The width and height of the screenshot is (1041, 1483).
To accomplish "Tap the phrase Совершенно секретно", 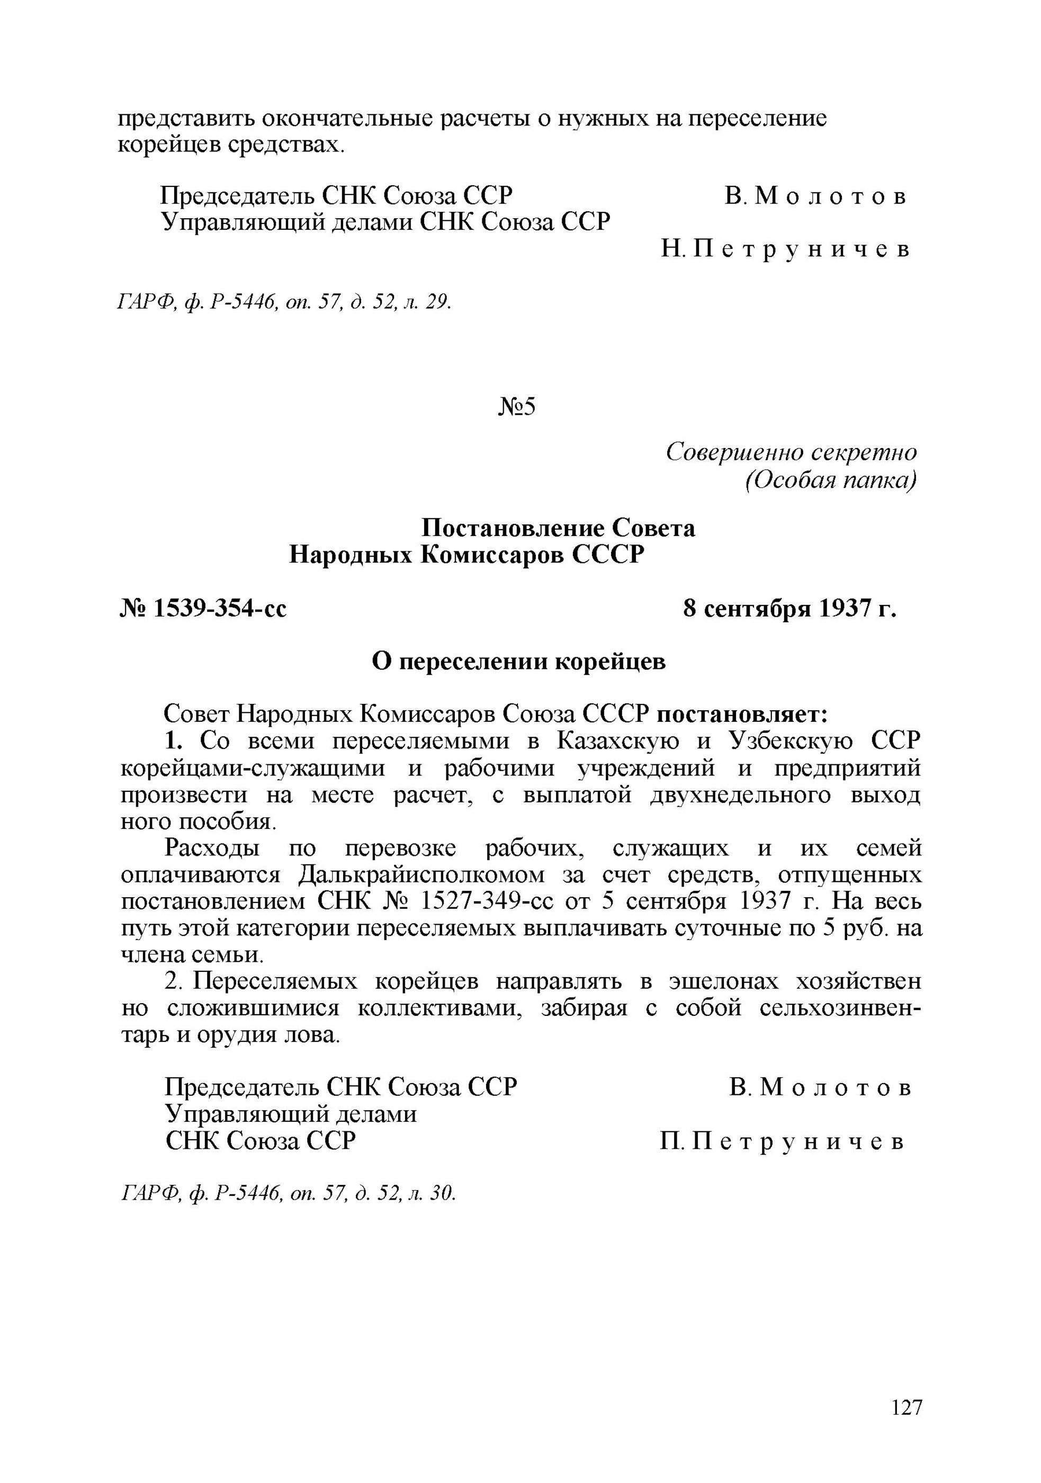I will (791, 452).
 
